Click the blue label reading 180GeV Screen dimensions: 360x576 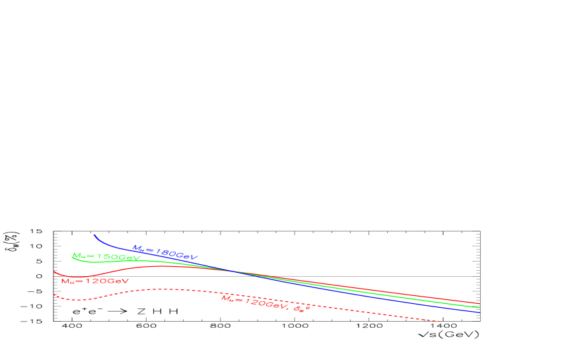click(165, 252)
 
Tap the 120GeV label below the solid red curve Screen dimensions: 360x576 click(94, 281)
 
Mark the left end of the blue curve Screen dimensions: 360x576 click(94, 234)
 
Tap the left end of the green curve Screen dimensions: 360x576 click(72, 258)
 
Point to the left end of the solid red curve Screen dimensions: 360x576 click(54, 271)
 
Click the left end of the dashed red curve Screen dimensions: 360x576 click(54, 295)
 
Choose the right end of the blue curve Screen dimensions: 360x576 click(480, 312)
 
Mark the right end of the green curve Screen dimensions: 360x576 click(480, 308)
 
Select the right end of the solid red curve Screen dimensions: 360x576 click(480, 303)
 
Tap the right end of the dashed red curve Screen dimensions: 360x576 click(441, 321)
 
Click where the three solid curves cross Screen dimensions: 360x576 click(228, 270)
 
